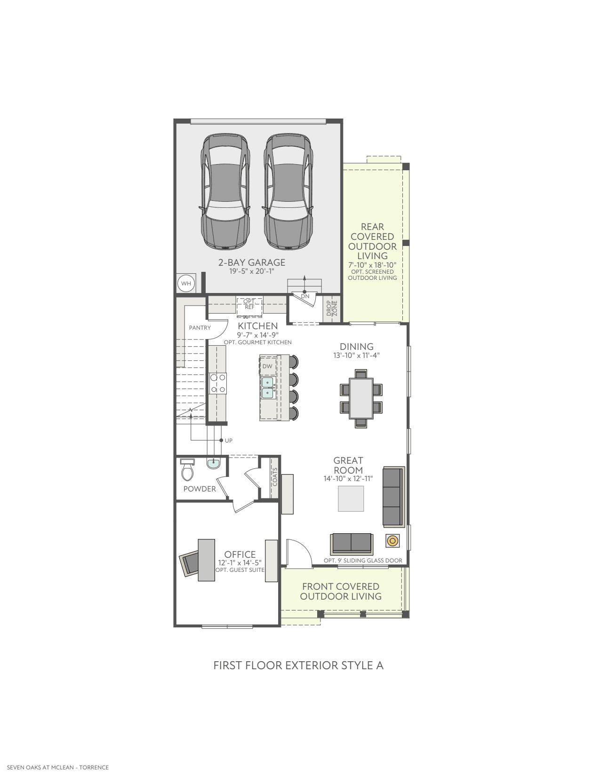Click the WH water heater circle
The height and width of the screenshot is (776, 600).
pyautogui.click(x=186, y=284)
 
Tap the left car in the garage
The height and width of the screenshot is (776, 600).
pyautogui.click(x=225, y=191)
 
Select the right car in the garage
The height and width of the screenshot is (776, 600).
pyautogui.click(x=288, y=191)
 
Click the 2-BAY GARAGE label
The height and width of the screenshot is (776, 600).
pyautogui.click(x=252, y=262)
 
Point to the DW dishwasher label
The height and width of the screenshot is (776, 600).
pyautogui.click(x=267, y=366)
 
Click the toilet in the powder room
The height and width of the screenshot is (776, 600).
pyautogui.click(x=187, y=470)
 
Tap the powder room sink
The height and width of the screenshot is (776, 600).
pyautogui.click(x=213, y=464)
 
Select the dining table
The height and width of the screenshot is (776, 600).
pyautogui.click(x=361, y=398)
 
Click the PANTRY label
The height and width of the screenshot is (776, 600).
pyautogui.click(x=200, y=327)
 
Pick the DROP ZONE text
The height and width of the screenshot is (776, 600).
pyautogui.click(x=332, y=308)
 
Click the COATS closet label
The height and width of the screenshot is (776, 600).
pyautogui.click(x=274, y=477)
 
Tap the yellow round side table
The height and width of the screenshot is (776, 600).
pyautogui.click(x=392, y=541)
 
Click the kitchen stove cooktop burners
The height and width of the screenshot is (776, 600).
pyautogui.click(x=217, y=383)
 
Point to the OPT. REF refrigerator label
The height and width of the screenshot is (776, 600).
pyautogui.click(x=249, y=304)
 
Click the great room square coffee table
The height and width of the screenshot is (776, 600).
pyautogui.click(x=351, y=499)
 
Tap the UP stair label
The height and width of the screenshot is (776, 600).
pyautogui.click(x=228, y=440)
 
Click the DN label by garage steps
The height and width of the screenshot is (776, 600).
pyautogui.click(x=305, y=296)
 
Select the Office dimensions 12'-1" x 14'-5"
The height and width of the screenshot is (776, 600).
pyautogui.click(x=240, y=563)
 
